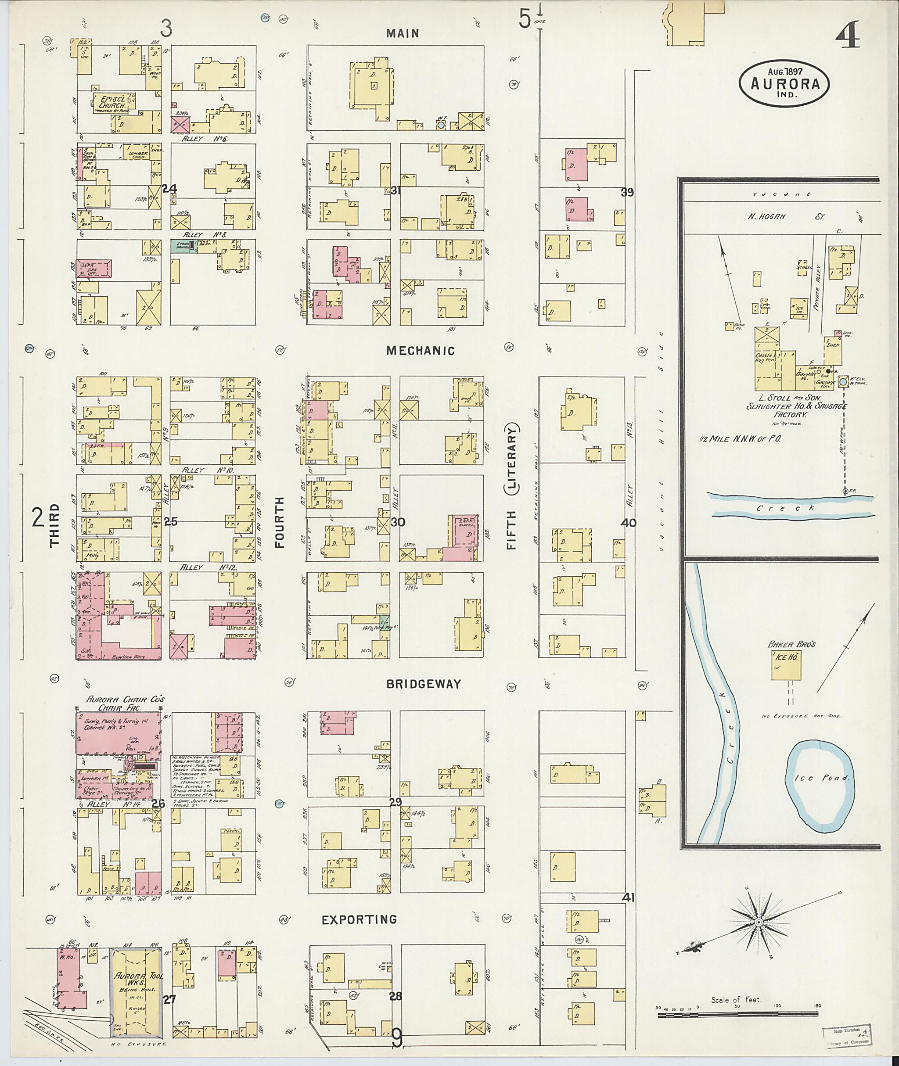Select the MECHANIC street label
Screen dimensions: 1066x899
point(420,351)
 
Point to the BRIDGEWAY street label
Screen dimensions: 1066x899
point(423,684)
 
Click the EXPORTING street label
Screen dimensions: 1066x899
point(359,920)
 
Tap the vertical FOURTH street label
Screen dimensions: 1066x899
point(279,522)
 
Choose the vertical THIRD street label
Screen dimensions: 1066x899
point(55,525)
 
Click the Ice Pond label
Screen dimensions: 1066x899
point(821,792)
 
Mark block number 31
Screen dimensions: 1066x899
point(396,190)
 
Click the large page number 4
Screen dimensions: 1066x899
point(847,35)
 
